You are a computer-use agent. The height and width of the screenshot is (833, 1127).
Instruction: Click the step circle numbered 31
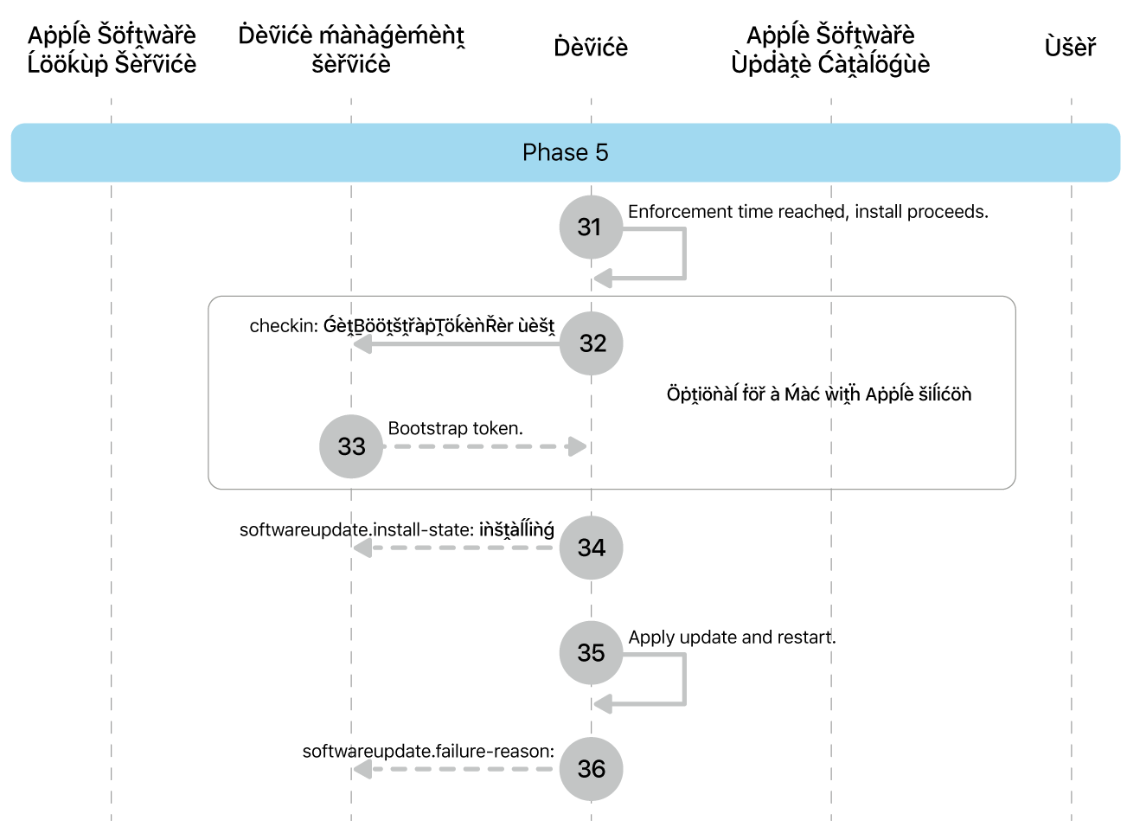tap(591, 227)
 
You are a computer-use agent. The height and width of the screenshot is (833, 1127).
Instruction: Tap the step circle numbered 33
tap(351, 446)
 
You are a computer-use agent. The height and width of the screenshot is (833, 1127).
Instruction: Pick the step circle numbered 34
tap(591, 548)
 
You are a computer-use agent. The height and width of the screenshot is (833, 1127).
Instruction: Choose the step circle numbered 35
tap(591, 652)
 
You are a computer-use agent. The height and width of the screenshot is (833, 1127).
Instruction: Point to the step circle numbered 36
tap(591, 768)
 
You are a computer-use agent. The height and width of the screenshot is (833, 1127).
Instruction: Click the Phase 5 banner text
tap(565, 153)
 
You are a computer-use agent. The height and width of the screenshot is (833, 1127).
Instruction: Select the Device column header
tap(591, 48)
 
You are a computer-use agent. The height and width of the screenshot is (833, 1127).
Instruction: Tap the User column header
tap(1070, 48)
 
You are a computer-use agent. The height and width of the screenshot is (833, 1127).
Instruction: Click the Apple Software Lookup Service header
tap(112, 49)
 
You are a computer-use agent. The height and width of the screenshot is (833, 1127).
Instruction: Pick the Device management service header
tap(351, 49)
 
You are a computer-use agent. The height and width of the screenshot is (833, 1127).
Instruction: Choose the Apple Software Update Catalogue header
tap(830, 49)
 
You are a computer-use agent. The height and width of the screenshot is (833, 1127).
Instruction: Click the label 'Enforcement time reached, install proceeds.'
tap(808, 212)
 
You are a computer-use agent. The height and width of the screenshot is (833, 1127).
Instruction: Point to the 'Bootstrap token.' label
tap(455, 428)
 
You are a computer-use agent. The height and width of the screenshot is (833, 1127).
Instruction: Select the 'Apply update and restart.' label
tap(732, 638)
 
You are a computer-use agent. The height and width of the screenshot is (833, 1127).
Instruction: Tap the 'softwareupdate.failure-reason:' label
tap(428, 751)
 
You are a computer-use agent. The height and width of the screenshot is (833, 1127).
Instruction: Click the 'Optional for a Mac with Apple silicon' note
tap(818, 394)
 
